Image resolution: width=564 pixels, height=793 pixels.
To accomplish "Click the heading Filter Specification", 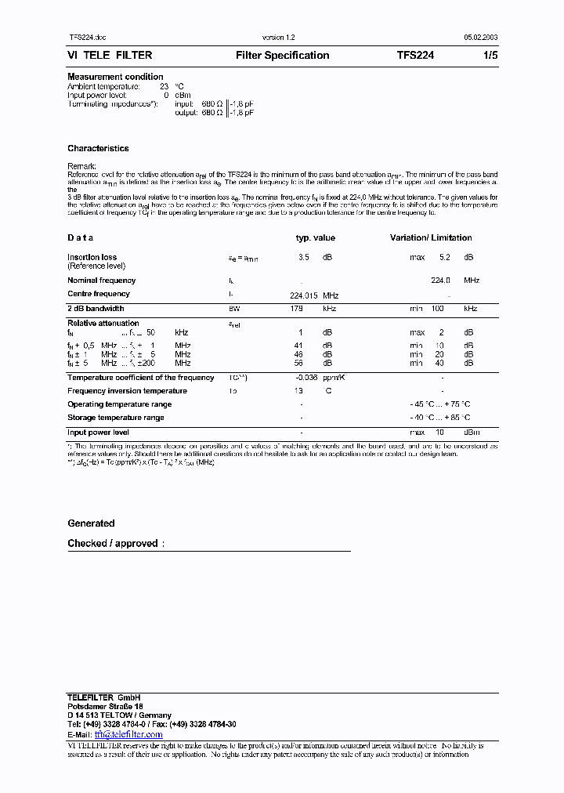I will click(x=282, y=56).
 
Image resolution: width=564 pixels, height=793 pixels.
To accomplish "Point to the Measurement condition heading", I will click(x=115, y=77).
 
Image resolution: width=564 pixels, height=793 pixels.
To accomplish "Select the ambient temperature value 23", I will click(x=164, y=85).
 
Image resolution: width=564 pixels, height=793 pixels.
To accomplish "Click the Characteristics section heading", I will click(x=98, y=148).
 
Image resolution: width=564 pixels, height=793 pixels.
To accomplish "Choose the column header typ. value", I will click(x=315, y=238).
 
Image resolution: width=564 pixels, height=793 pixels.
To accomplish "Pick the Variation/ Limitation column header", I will click(x=431, y=238).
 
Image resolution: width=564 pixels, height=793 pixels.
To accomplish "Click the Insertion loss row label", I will click(x=92, y=257).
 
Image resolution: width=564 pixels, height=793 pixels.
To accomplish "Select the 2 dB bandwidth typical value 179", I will click(x=296, y=309).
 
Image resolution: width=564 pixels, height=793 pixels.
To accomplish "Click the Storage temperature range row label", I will click(x=115, y=418).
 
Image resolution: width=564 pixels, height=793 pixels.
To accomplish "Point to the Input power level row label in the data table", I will click(x=98, y=433).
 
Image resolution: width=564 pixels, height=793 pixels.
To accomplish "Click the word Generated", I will click(x=91, y=523).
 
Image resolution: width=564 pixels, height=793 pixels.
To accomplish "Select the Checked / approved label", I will click(x=113, y=544).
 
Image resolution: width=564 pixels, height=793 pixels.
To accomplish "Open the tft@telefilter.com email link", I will click(x=128, y=735).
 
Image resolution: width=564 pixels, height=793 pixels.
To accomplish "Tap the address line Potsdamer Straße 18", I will click(x=105, y=707).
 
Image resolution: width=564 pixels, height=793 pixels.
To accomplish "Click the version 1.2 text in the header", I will click(x=278, y=38).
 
